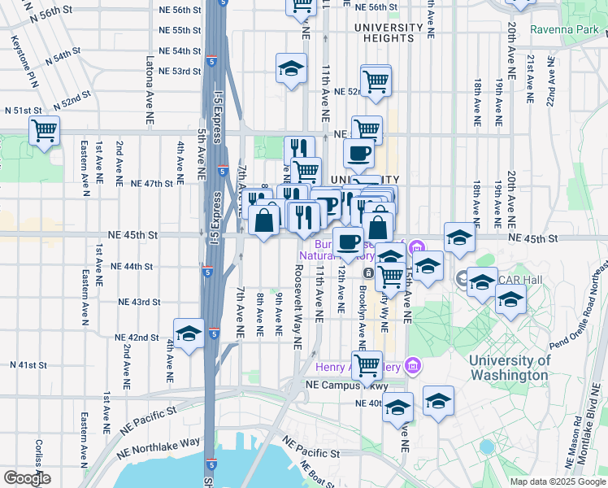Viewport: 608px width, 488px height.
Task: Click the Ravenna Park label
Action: [x=565, y=30]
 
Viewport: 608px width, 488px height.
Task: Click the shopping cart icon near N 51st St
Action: [x=45, y=130]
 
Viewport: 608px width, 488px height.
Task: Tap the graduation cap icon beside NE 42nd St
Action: [x=189, y=333]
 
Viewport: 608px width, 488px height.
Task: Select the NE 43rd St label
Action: [x=138, y=301]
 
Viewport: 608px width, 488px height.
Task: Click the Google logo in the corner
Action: [x=26, y=478]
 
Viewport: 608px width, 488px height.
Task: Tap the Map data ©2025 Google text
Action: [x=558, y=481]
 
